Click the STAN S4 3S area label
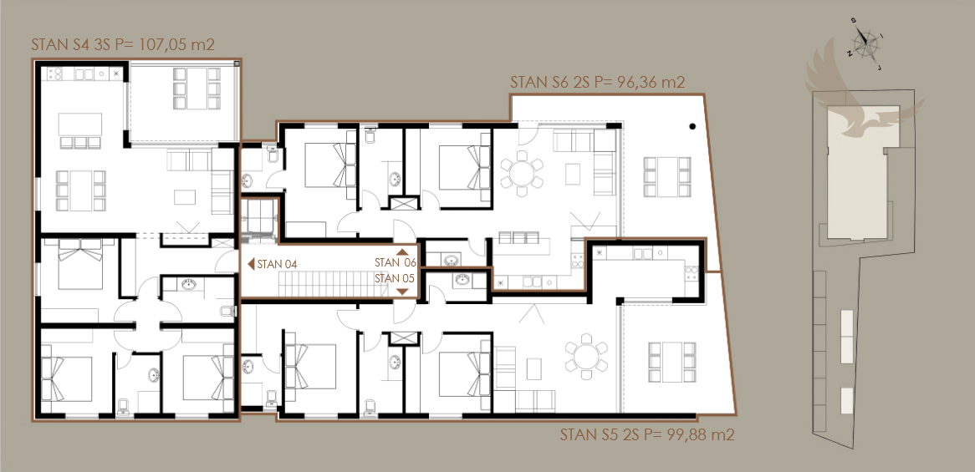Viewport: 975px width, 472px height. click(x=123, y=45)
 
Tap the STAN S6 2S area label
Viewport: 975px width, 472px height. click(x=598, y=83)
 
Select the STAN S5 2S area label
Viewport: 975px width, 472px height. click(x=647, y=434)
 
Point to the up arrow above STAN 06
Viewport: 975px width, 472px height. click(x=402, y=252)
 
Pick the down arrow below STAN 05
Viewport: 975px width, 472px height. click(x=402, y=292)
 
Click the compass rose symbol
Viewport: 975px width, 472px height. click(x=865, y=43)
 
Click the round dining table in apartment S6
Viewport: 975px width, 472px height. click(x=522, y=169)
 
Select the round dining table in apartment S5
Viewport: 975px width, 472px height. click(x=586, y=357)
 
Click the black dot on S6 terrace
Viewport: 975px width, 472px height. click(x=692, y=127)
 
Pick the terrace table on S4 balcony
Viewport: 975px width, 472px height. click(x=197, y=89)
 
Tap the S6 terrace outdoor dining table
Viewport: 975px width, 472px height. click(x=667, y=177)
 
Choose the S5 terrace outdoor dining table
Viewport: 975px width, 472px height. click(x=672, y=363)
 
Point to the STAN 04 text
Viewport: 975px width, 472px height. click(x=277, y=265)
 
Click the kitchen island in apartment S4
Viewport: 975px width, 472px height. click(x=80, y=124)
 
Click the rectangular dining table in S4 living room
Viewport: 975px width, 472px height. click(x=81, y=190)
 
